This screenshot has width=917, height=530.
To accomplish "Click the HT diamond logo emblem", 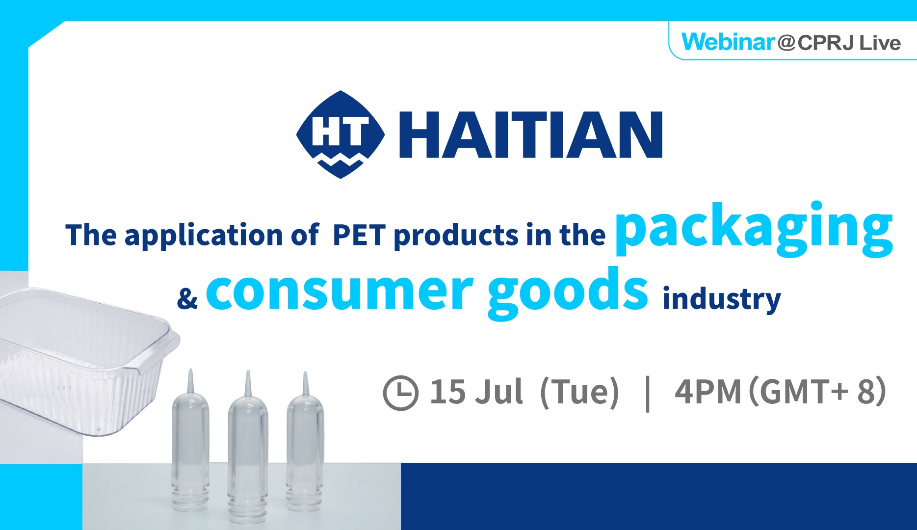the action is [341, 134].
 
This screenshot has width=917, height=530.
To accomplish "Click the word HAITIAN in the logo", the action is [530, 134].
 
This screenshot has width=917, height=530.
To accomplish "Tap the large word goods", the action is [568, 292].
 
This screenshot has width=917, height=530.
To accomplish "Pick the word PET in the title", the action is [359, 235].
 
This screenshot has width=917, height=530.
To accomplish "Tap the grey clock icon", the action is [400, 393].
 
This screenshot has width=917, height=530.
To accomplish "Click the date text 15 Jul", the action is [476, 392].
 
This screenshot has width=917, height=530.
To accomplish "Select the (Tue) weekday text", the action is [579, 393].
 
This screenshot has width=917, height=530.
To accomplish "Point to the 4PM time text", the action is [707, 392].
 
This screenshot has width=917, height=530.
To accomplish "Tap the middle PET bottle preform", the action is [248, 447].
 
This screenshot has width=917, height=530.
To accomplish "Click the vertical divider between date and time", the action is [648, 393].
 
